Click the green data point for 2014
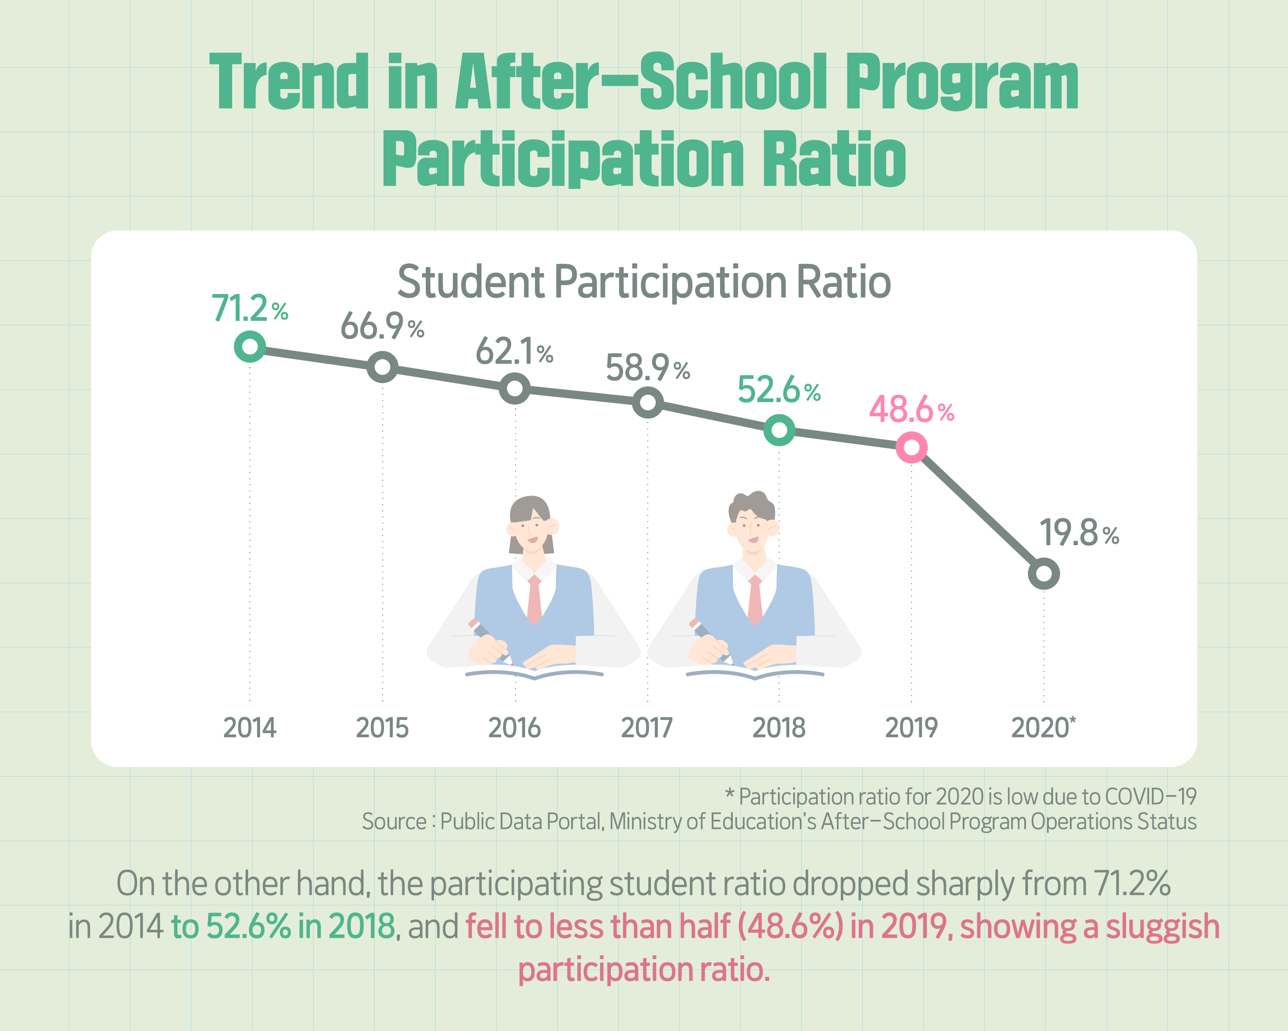(x=250, y=347)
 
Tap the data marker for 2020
(x=1044, y=574)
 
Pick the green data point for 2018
(x=779, y=430)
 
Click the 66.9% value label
(x=382, y=327)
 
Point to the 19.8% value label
(x=1079, y=533)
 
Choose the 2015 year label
(x=382, y=728)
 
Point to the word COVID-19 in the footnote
(x=1150, y=797)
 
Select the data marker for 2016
(x=514, y=389)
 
